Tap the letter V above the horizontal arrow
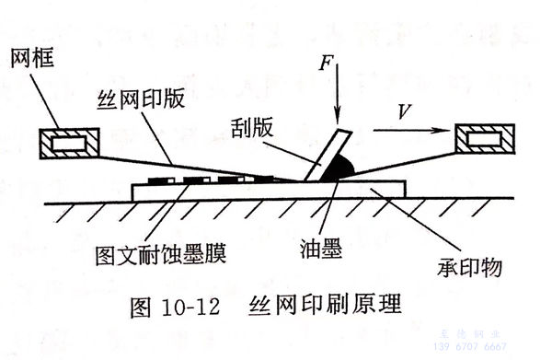pos(403,112)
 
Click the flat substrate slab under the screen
pos(267,191)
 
